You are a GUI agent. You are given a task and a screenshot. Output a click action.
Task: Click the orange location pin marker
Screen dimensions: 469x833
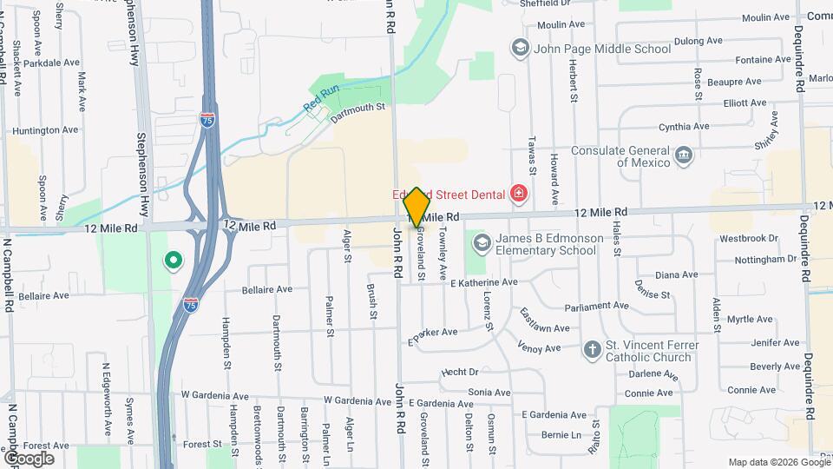[417, 208]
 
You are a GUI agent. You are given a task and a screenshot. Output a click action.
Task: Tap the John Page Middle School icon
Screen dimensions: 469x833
[520, 47]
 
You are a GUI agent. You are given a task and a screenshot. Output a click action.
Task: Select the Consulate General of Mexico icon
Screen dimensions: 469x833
[684, 155]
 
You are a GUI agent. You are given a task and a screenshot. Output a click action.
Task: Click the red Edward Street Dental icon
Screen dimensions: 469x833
[519, 192]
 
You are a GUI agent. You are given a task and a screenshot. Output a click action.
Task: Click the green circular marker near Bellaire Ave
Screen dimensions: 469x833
[173, 259]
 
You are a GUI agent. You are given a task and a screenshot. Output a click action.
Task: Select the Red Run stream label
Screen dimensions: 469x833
[321, 96]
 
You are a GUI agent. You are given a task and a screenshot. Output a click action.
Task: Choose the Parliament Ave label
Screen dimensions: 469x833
[596, 306]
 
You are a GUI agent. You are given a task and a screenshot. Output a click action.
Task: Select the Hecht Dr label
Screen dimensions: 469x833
[460, 372]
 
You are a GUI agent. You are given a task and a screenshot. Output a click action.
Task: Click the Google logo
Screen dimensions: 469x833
[28, 458]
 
